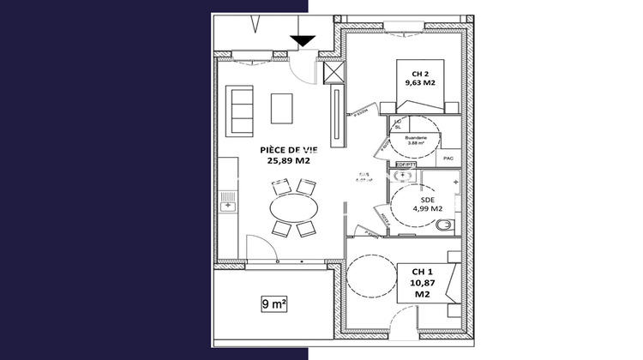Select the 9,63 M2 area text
[422, 84]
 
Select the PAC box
[448, 159]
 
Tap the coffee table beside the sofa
[282, 108]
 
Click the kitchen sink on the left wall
[226, 201]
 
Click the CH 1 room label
[422, 272]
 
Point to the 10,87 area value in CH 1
[422, 283]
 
